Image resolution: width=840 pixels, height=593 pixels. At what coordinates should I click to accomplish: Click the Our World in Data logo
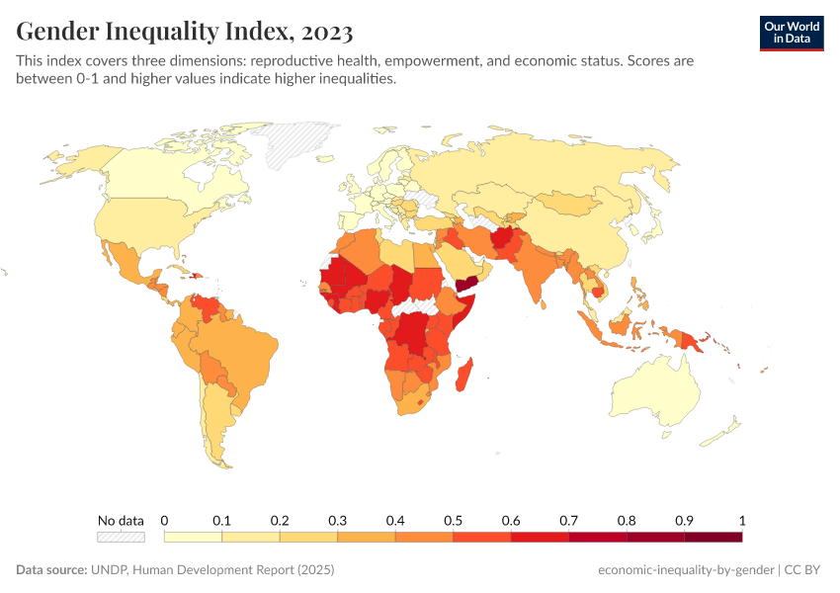click(x=791, y=32)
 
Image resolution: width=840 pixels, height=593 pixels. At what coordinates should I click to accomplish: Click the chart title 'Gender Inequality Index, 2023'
click(x=185, y=32)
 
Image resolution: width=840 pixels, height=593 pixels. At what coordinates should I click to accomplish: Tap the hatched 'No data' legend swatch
click(x=121, y=537)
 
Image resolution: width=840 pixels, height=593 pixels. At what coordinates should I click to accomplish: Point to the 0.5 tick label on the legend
click(x=453, y=520)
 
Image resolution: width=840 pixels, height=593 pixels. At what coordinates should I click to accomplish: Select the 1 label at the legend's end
click(x=741, y=520)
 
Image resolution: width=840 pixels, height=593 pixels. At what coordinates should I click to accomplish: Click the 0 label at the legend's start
click(x=164, y=520)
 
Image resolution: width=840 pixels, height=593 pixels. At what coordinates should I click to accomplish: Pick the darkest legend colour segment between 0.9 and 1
click(x=713, y=537)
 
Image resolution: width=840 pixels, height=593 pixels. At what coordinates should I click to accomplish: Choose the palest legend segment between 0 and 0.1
click(x=193, y=537)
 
